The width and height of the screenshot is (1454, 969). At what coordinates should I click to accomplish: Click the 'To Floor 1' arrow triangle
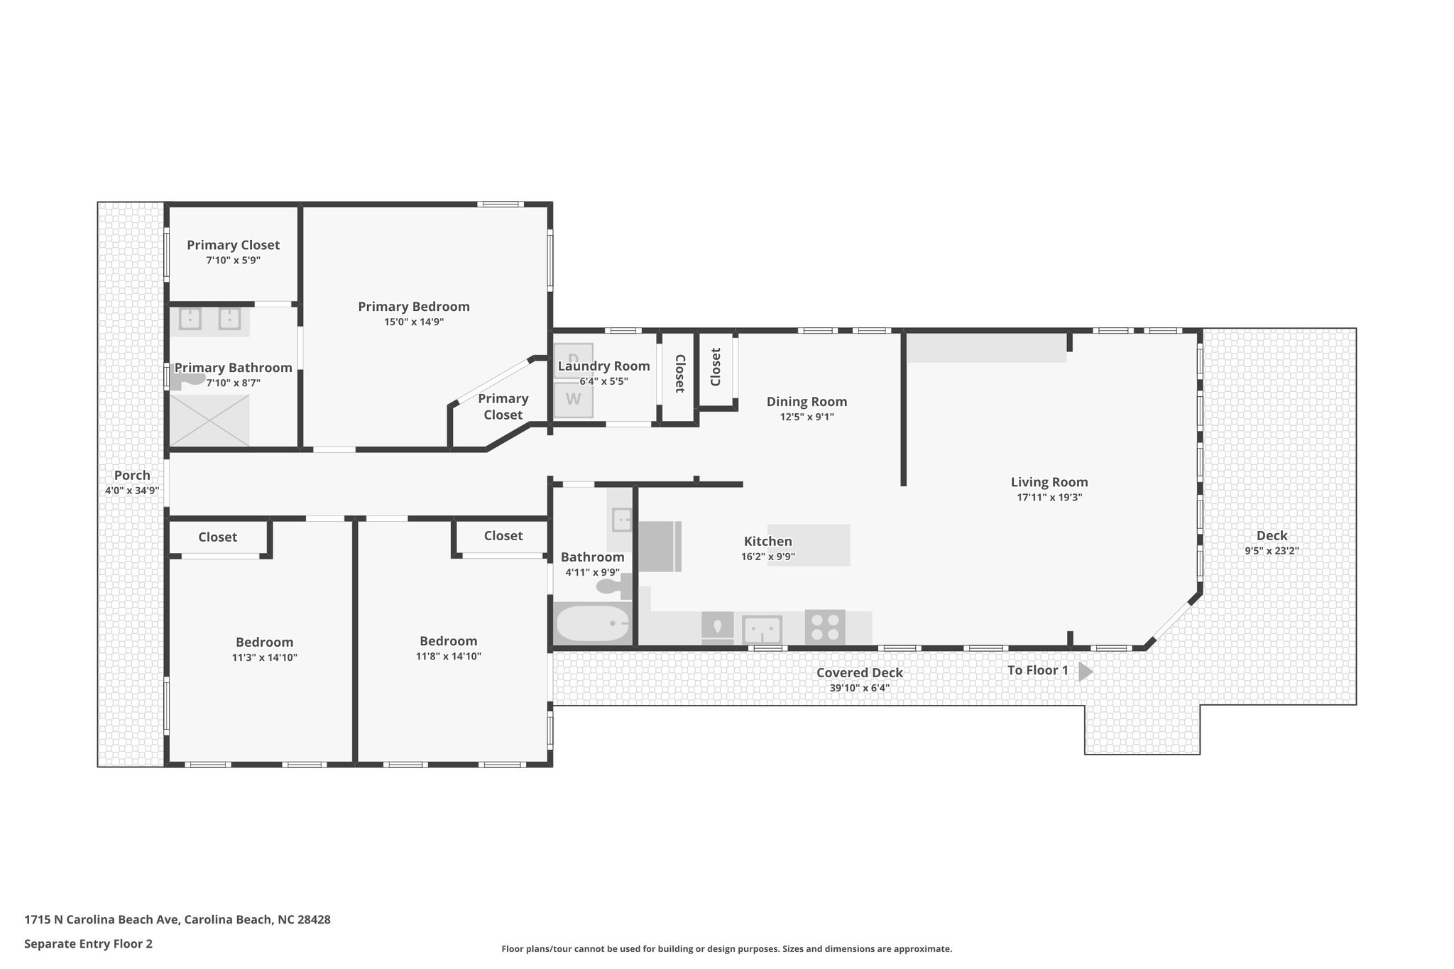click(1085, 671)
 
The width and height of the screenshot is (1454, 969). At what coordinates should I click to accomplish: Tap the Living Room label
click(1049, 482)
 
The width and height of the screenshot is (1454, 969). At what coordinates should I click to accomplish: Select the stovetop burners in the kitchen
click(825, 627)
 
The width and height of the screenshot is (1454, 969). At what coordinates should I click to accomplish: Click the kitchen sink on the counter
click(762, 629)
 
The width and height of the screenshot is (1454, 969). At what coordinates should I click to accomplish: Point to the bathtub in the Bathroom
click(592, 624)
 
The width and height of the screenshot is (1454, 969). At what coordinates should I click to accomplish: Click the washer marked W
click(573, 400)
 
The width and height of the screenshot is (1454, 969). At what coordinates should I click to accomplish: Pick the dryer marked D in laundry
click(573, 359)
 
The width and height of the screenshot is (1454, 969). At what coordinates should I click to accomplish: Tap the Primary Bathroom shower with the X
click(209, 421)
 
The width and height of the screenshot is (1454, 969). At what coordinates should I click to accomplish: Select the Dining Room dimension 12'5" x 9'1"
click(807, 417)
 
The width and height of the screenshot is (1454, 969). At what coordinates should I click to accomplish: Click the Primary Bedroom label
click(413, 307)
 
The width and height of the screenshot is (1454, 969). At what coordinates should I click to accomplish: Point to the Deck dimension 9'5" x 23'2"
click(1271, 550)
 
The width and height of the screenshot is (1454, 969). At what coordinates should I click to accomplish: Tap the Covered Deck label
click(859, 672)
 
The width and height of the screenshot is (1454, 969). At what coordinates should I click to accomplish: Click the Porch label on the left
click(132, 475)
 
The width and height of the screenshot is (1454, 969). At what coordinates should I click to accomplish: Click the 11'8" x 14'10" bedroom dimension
click(448, 657)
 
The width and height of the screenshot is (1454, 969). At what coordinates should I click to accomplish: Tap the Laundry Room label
click(603, 366)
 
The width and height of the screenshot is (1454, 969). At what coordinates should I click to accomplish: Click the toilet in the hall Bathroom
click(611, 586)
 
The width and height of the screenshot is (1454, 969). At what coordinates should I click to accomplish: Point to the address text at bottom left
click(177, 919)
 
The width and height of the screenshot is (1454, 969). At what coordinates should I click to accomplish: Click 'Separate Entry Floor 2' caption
click(88, 943)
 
